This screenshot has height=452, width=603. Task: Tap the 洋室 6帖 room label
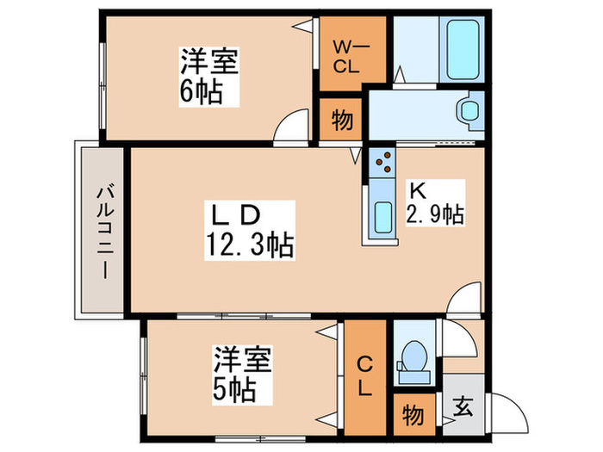point(208,76)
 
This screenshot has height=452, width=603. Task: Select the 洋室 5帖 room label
point(243,375)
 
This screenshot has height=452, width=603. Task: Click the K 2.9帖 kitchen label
point(435,203)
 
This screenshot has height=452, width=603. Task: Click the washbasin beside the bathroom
point(468,112)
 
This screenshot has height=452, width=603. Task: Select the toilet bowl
point(413,357)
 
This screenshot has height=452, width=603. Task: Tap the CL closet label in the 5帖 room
point(365,375)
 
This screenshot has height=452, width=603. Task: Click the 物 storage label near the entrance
point(413,416)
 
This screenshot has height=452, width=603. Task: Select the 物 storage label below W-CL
point(342,121)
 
